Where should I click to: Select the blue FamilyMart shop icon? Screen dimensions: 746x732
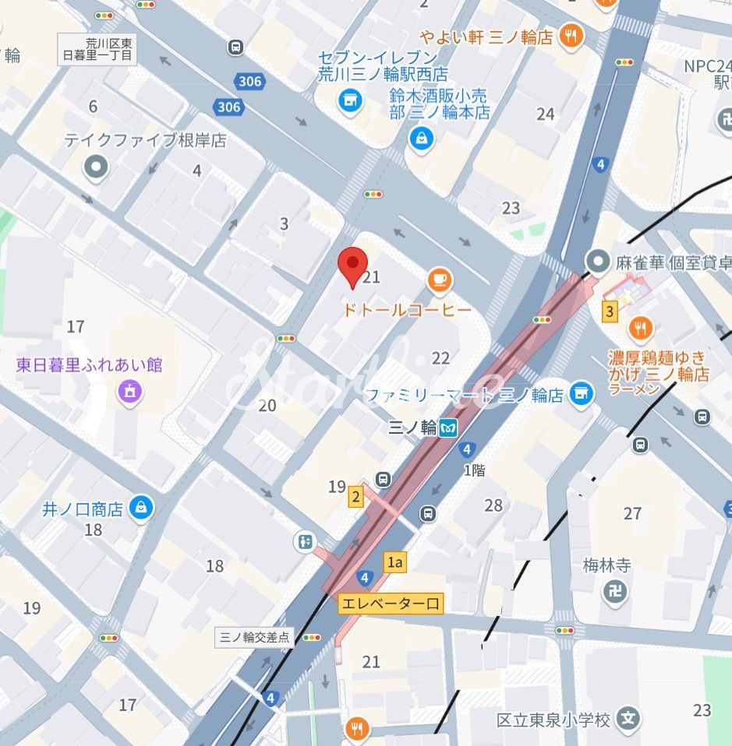click(580, 394)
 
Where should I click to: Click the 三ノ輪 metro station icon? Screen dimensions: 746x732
click(447, 428)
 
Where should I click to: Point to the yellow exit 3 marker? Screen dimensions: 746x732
click(610, 312)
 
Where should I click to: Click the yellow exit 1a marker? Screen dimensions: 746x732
click(395, 561)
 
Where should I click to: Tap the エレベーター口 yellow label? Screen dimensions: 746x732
click(390, 603)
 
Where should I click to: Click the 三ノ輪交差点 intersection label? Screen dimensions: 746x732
click(253, 637)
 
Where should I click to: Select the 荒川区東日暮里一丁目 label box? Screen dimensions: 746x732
click(98, 51)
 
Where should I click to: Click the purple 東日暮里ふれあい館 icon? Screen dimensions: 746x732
click(129, 392)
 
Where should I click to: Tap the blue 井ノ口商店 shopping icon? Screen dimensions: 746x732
click(142, 508)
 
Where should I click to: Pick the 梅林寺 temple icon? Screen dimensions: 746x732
click(615, 593)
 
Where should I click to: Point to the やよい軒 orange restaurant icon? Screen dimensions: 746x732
click(571, 36)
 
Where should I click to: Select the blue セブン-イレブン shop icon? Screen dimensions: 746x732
click(350, 100)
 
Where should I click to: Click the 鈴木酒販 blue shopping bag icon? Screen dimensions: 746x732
click(422, 139)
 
